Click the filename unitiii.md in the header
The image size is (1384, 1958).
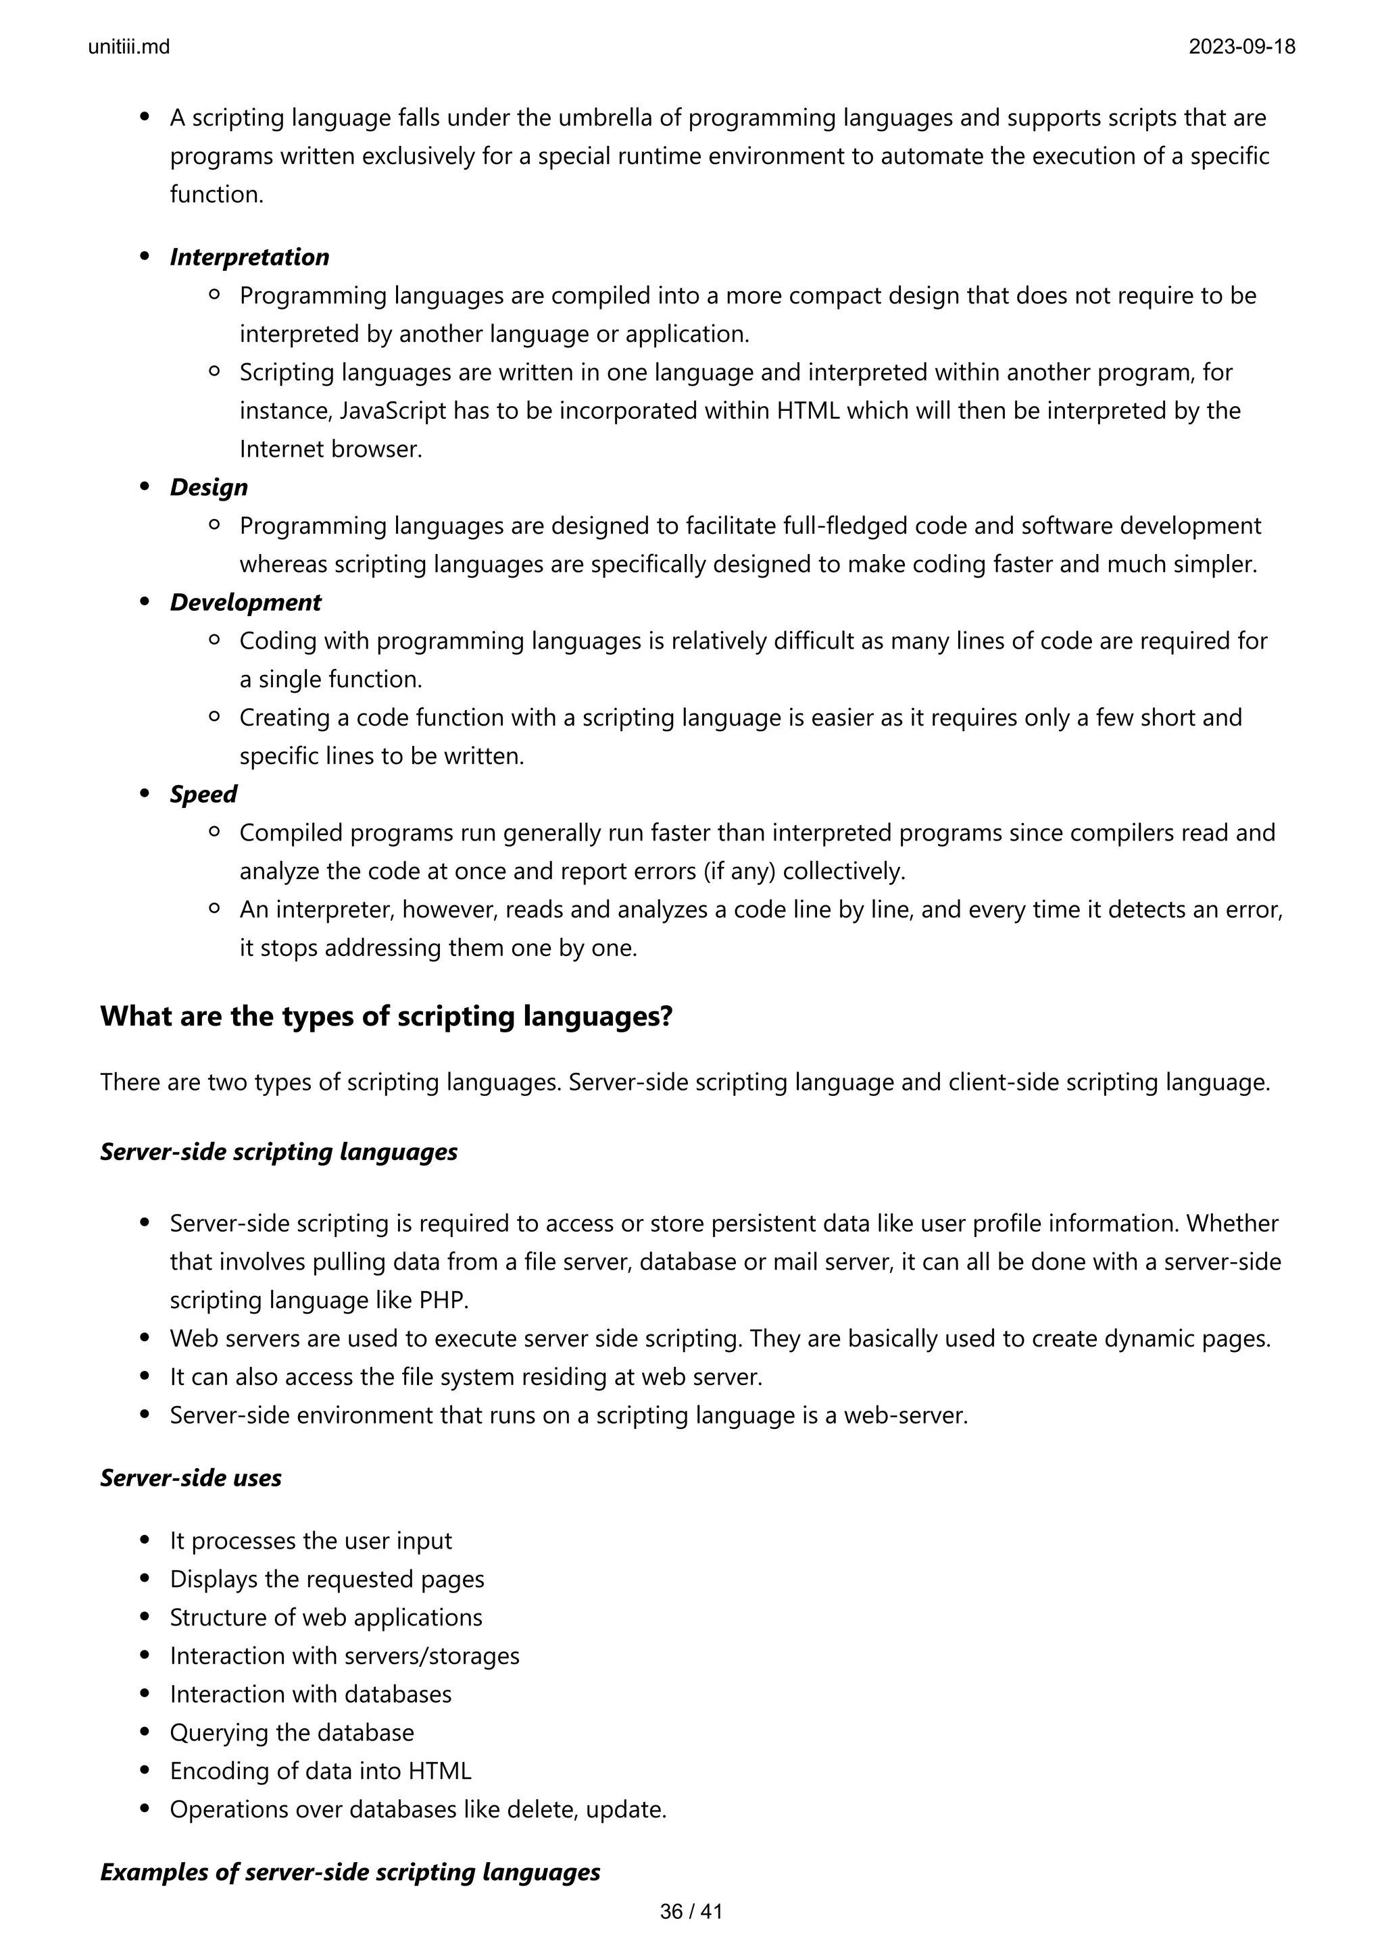tap(129, 47)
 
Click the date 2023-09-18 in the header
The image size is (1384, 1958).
tap(1241, 47)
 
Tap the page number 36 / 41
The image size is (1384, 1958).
tap(691, 1912)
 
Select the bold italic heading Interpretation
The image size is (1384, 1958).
tap(249, 257)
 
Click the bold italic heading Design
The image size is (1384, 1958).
tap(209, 487)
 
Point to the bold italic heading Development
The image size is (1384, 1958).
tap(245, 602)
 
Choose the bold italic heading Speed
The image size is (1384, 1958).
tap(203, 794)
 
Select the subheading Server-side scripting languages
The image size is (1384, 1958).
tap(279, 1151)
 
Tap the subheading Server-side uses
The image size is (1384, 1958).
tap(191, 1477)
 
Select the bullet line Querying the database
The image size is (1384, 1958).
tap(292, 1732)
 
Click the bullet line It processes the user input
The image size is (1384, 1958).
tap(310, 1540)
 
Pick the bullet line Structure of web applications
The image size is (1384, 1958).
tap(326, 1617)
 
